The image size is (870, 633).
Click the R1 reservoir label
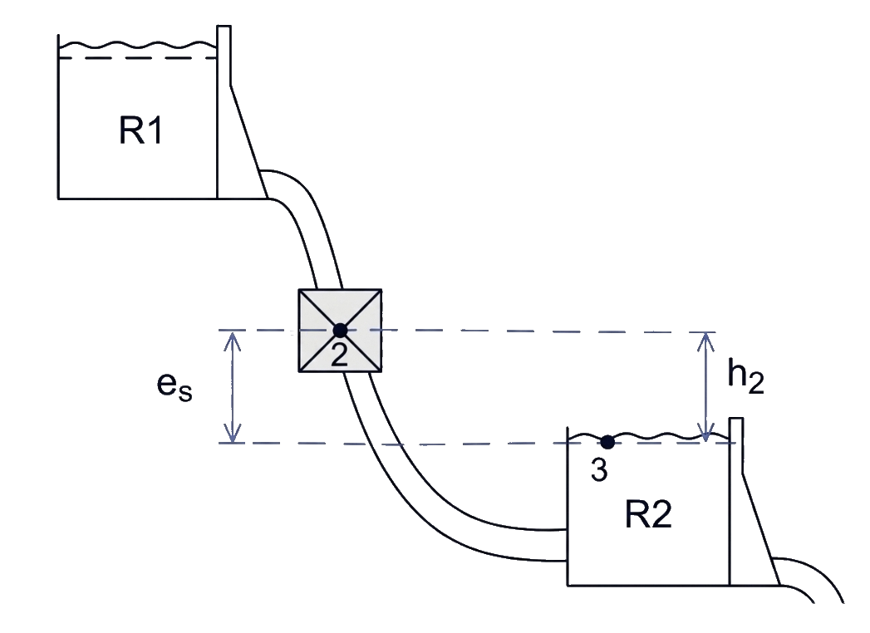[141, 131]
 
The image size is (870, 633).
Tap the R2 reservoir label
[648, 514]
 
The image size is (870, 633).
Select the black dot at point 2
[340, 331]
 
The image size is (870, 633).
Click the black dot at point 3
[607, 442]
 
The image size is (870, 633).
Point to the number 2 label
[340, 353]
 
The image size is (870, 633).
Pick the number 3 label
[599, 469]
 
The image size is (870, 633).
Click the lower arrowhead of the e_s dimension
[233, 434]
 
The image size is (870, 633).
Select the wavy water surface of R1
[136, 44]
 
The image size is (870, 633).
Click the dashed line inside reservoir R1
[137, 57]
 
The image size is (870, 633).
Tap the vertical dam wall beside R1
[224, 111]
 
